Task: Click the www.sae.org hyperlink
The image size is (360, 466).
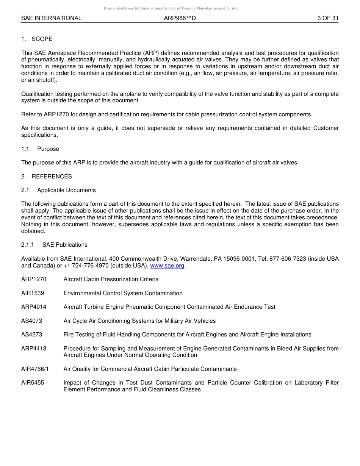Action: [x=167, y=266]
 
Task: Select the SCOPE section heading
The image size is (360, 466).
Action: [x=42, y=39]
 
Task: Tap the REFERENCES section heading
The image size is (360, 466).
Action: [x=52, y=176]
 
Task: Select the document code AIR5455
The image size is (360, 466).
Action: [x=33, y=383]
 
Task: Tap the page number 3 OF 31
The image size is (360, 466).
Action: [x=328, y=18]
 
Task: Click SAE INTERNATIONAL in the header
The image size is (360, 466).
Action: [x=51, y=18]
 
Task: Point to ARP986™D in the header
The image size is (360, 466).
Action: [x=180, y=18]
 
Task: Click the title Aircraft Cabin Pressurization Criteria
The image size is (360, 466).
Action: [x=111, y=279]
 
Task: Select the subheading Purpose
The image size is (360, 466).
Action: [x=48, y=149]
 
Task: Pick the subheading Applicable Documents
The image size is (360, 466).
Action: [x=66, y=190]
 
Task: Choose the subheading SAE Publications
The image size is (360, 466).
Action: [x=65, y=245]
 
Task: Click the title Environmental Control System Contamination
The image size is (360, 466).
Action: [x=123, y=293]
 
